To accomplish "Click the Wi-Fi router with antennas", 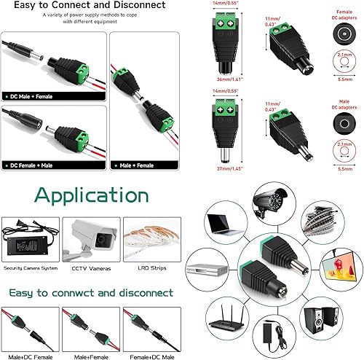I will click(x=223, y=329).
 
